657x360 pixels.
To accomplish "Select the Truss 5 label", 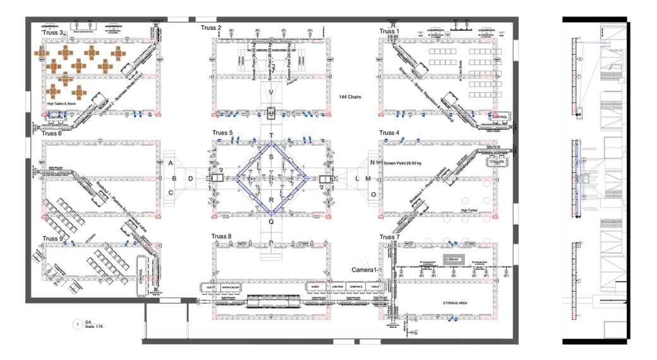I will coord(222,133).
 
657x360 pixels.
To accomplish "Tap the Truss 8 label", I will coord(222,237).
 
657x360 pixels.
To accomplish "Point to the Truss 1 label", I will coord(389,31).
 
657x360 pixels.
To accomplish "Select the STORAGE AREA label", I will coord(454,303).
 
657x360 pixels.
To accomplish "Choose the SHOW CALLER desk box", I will coord(230,287).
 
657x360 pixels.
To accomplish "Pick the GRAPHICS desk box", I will coord(356,287).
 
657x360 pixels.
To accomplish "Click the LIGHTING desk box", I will coord(337,287).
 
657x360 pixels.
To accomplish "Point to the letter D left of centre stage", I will coord(191,179).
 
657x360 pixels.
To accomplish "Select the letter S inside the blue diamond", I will coord(272,157).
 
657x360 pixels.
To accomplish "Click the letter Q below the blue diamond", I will coord(272,221).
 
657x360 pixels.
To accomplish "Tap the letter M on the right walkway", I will coord(368,179).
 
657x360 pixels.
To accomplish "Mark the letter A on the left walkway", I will coord(171,163).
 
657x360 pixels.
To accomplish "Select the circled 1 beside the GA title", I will coord(77,325).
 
